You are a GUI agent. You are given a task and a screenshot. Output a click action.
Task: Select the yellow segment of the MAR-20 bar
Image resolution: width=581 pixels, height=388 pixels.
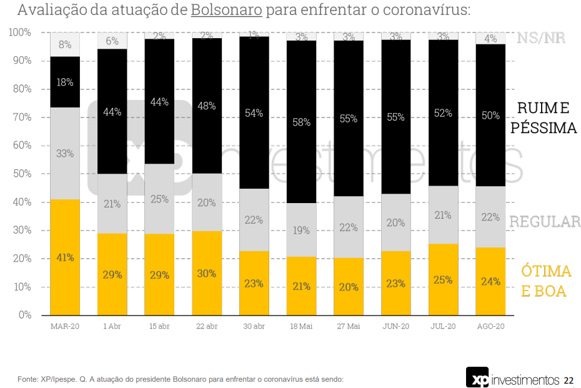tap(65, 257)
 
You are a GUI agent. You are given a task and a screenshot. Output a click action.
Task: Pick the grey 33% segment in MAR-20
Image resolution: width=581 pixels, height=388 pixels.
tap(65, 153)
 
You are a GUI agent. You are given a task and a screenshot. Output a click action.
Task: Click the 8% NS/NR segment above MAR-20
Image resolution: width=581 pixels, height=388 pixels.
tap(65, 44)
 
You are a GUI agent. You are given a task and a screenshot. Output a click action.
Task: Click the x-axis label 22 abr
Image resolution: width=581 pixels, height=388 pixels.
tap(207, 326)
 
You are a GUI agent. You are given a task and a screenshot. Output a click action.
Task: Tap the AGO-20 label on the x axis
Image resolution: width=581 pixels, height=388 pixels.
tap(490, 326)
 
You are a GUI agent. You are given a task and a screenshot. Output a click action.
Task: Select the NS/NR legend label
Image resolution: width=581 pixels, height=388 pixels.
tap(540, 37)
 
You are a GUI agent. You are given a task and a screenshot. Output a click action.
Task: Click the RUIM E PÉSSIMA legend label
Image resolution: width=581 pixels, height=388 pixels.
tap(543, 118)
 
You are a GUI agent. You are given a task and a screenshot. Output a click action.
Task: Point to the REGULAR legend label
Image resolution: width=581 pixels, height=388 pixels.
tap(545, 222)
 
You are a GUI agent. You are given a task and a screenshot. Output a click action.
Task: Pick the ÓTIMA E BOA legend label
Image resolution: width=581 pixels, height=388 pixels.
tap(546, 281)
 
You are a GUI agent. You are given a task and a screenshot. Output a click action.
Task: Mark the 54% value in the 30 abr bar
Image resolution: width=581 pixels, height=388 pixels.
tap(254, 113)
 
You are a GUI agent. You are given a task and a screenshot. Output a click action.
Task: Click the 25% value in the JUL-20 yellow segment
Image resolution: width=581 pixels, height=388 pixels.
tap(443, 280)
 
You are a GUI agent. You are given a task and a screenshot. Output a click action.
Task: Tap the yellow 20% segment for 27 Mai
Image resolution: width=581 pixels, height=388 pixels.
tap(349, 287)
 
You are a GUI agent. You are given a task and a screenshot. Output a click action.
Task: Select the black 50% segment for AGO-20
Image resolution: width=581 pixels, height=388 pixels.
tap(490, 116)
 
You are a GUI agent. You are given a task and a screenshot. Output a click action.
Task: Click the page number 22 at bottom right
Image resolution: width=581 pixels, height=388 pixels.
tap(569, 380)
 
